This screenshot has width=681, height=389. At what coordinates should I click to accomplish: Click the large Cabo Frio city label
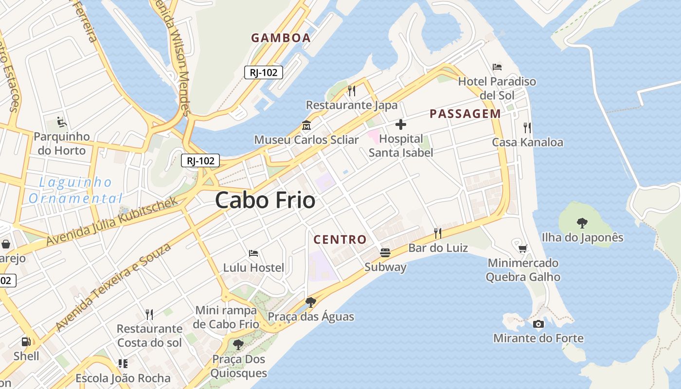(x=265, y=200)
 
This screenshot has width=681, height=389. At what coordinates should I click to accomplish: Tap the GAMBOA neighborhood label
(x=281, y=38)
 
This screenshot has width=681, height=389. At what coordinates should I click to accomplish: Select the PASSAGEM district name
(x=465, y=114)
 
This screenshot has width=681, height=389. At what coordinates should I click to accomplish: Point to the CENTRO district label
(x=340, y=239)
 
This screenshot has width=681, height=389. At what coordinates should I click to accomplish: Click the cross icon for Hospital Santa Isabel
(x=401, y=125)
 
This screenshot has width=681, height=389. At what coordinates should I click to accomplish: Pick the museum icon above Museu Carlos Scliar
(x=306, y=125)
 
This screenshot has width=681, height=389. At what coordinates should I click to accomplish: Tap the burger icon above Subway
(x=385, y=252)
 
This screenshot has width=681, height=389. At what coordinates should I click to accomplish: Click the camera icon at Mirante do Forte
(x=538, y=324)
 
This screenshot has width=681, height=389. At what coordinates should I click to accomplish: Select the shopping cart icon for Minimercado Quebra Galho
(x=523, y=249)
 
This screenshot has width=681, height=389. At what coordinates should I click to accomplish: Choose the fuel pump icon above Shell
(x=26, y=342)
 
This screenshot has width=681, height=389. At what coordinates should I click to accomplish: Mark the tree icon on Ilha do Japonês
(x=582, y=223)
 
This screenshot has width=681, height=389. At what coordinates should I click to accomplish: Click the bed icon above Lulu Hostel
(x=253, y=253)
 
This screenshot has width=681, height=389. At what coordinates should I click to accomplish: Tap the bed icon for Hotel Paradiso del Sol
(x=497, y=67)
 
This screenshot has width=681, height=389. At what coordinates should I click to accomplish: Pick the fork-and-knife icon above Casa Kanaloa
(x=527, y=128)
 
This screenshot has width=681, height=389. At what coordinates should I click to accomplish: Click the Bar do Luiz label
(x=438, y=248)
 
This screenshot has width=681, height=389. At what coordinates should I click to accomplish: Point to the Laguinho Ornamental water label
(x=75, y=190)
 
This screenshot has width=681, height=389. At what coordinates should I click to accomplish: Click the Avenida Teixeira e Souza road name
(x=114, y=287)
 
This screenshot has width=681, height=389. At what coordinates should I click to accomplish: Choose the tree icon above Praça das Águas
(x=311, y=302)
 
